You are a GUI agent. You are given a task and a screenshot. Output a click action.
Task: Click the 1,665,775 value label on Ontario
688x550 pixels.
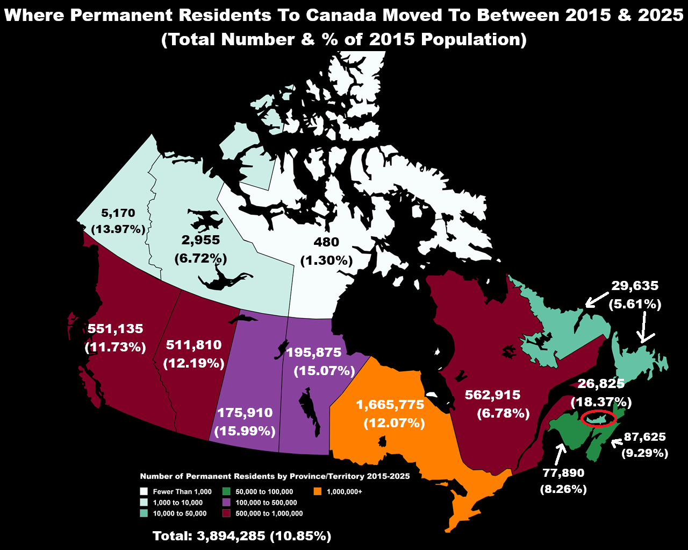point(390,404)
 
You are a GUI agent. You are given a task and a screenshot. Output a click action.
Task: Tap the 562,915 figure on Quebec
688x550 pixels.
point(492,395)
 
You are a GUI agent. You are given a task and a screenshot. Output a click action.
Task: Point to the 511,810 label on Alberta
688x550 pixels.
point(193,345)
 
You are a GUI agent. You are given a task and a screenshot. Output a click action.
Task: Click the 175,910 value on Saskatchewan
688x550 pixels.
point(245,413)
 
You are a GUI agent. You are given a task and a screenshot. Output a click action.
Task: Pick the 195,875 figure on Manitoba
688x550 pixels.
point(314,352)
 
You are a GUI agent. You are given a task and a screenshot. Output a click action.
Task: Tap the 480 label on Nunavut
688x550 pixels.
point(326,242)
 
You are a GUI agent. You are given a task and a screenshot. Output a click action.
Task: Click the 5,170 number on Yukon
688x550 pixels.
point(118,213)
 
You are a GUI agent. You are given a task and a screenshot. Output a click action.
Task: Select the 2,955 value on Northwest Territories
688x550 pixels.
point(200,240)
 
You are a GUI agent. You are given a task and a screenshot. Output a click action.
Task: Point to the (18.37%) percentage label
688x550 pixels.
point(601,402)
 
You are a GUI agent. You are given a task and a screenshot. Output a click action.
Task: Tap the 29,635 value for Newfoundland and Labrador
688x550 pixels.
point(635,286)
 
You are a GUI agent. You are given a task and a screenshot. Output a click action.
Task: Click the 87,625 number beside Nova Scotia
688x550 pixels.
point(644,436)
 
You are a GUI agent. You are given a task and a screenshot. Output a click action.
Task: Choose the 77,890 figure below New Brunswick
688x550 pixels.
point(563,473)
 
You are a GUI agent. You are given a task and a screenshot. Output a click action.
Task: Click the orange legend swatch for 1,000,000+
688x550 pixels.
point(318,491)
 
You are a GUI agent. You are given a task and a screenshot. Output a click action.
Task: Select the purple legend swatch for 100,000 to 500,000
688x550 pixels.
point(227,502)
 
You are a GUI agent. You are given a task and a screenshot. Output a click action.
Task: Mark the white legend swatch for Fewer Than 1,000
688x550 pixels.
point(144,491)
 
